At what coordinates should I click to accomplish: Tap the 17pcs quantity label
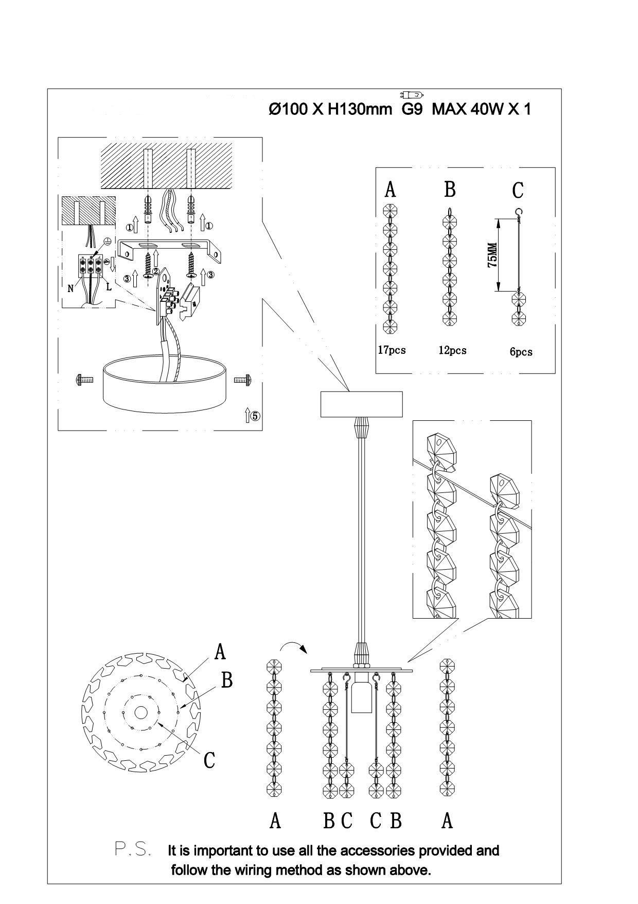(392, 350)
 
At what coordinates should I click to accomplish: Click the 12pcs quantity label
(452, 350)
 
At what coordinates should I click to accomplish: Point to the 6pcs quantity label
(521, 352)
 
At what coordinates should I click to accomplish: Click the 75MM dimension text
(493, 254)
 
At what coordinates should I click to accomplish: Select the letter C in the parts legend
(517, 190)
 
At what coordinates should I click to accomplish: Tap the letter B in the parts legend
(450, 189)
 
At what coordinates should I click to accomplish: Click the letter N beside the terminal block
(71, 288)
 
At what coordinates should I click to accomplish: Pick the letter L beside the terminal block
(109, 287)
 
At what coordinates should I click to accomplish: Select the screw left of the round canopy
(84, 380)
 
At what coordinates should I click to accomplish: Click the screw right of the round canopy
(242, 380)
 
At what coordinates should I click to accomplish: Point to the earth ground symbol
(108, 242)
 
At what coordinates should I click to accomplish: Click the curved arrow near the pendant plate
(293, 645)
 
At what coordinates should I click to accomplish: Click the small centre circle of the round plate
(140, 712)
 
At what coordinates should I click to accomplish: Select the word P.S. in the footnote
(133, 849)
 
